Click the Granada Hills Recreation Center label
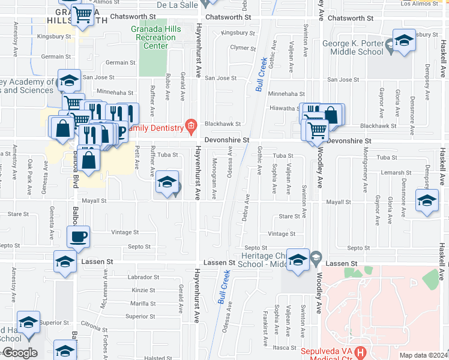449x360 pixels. tap(155, 37)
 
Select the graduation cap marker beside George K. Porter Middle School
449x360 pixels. tap(404, 41)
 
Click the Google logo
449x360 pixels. tap(19, 353)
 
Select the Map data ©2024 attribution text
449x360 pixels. tap(423, 355)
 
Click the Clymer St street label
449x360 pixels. tap(243, 47)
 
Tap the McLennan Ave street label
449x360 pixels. tap(104, 293)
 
